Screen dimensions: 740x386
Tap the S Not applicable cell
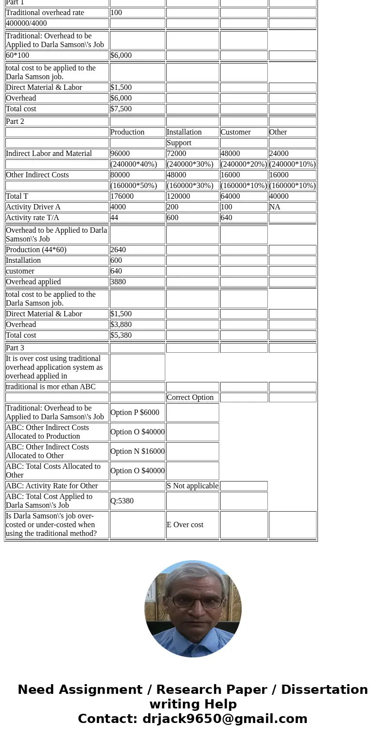point(193,486)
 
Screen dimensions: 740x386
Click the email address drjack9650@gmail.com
point(225,719)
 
